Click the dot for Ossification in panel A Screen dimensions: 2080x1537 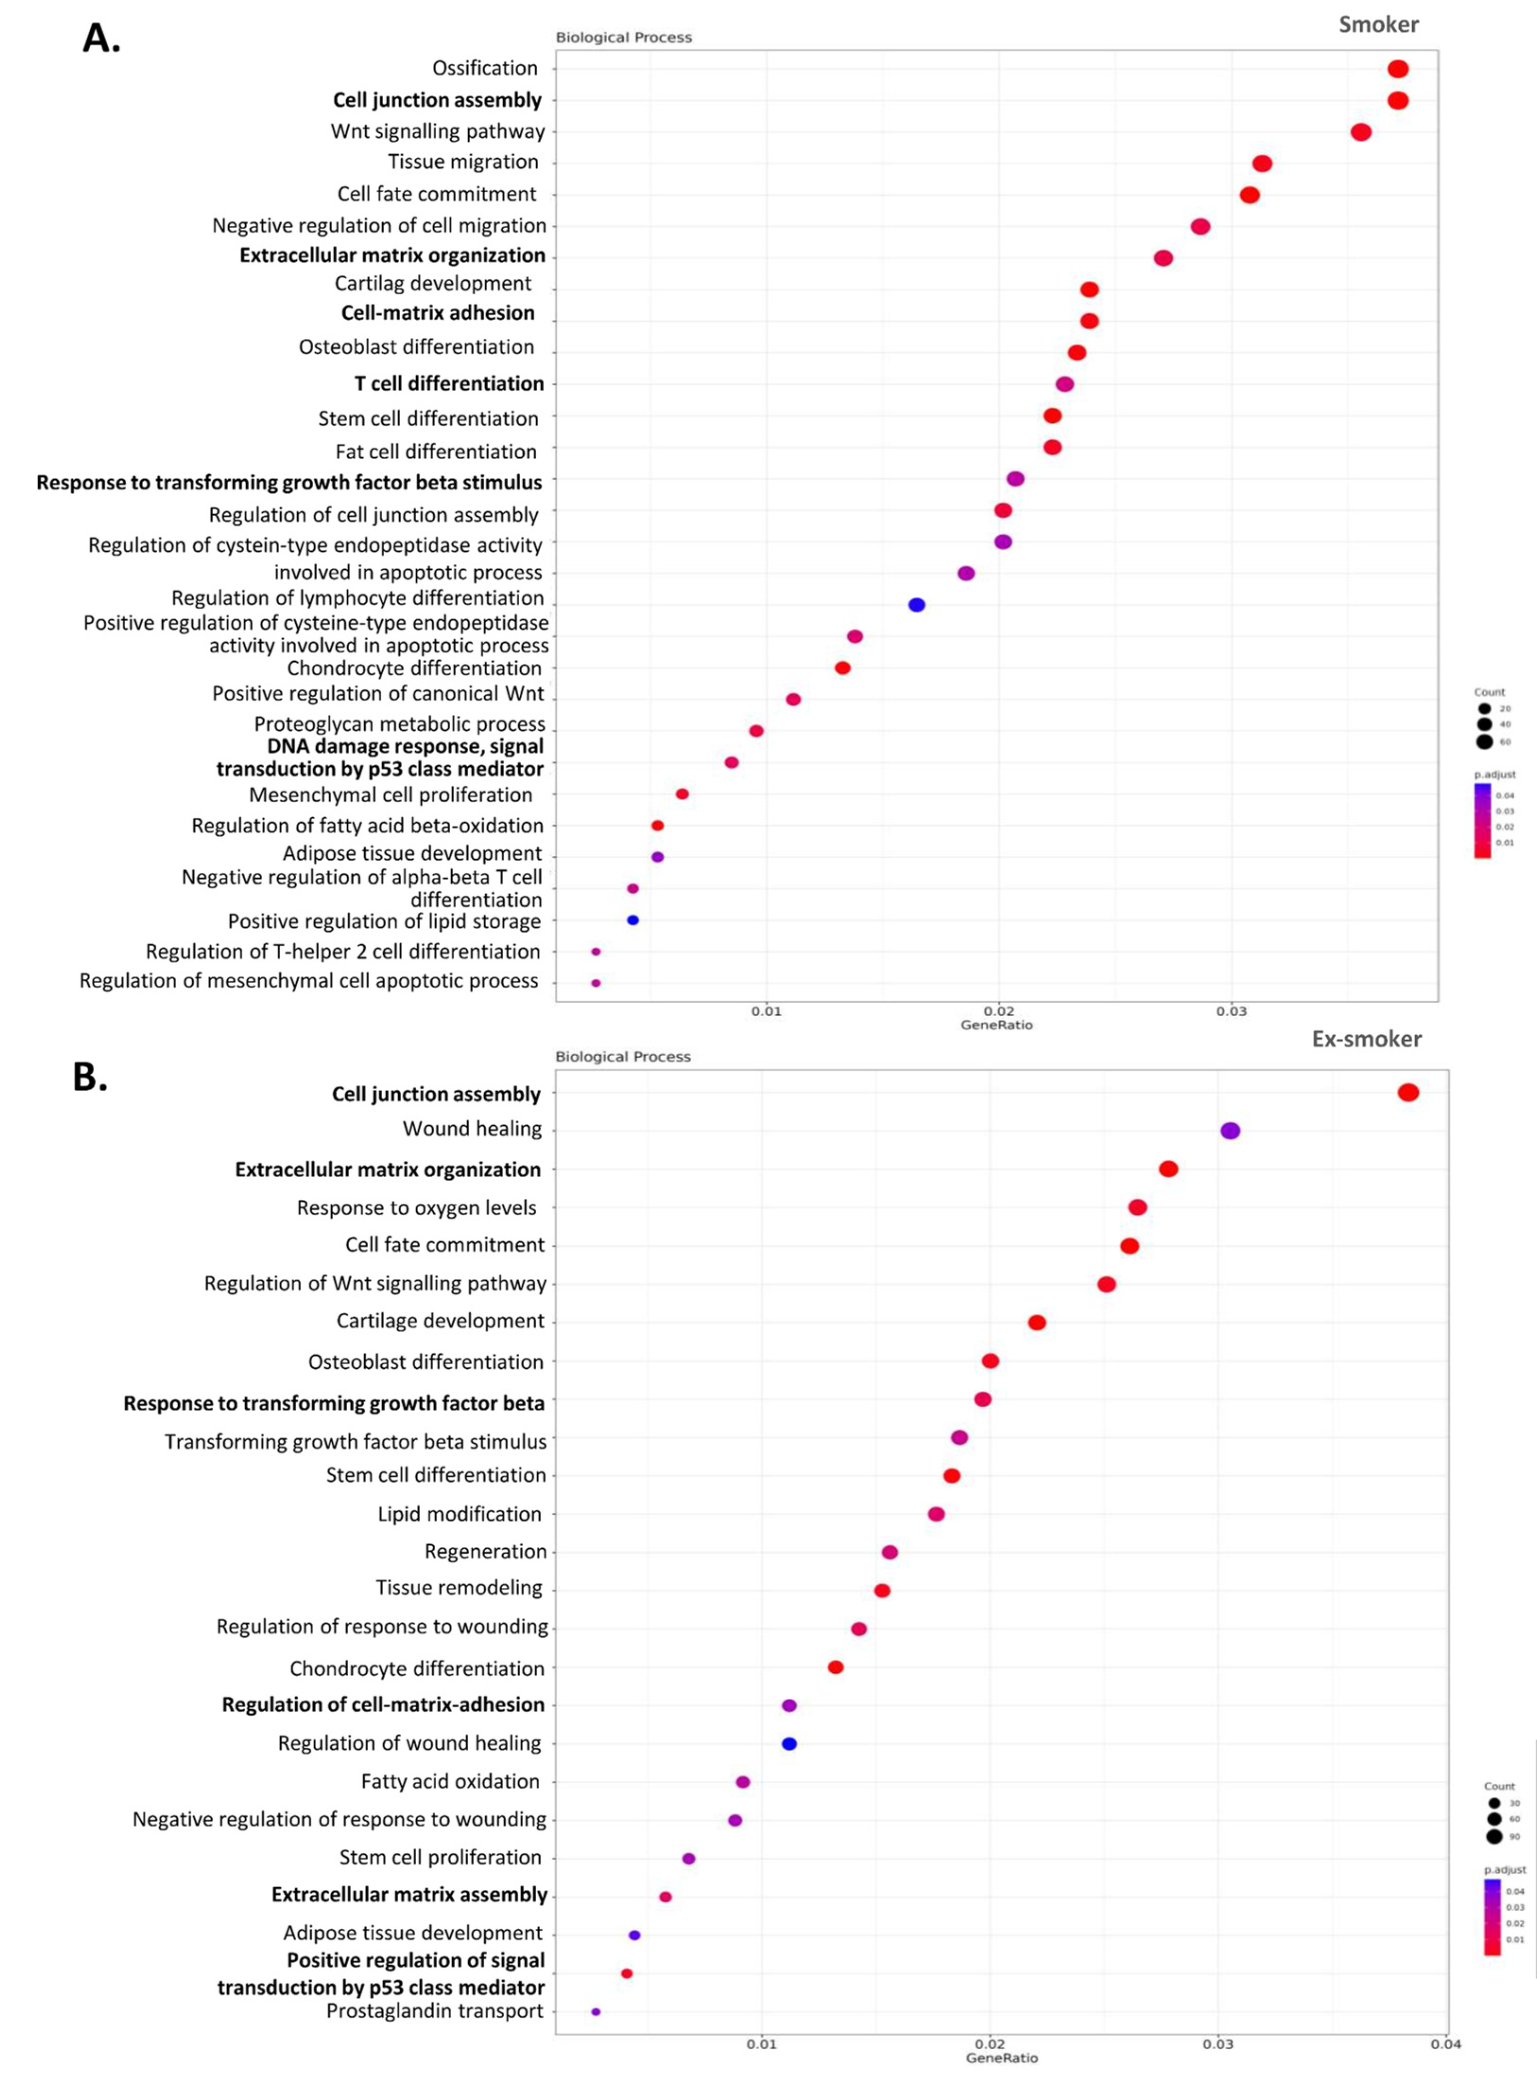[x=1398, y=69]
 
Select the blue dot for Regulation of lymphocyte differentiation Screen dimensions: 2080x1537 [x=917, y=605]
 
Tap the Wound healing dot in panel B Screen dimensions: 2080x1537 [x=1230, y=1130]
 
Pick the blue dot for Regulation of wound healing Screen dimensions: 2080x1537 [x=789, y=1743]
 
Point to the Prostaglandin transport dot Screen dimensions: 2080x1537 [x=595, y=2011]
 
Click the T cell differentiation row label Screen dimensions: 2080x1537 [x=449, y=383]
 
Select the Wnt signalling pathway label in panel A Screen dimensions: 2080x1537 [x=437, y=131]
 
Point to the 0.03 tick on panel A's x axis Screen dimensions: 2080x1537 [x=1231, y=1011]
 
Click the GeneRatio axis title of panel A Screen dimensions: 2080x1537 [x=996, y=1025]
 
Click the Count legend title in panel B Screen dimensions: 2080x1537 [x=1499, y=1786]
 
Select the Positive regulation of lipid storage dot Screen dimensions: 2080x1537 [x=633, y=920]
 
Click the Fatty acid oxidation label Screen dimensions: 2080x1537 [x=450, y=1781]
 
